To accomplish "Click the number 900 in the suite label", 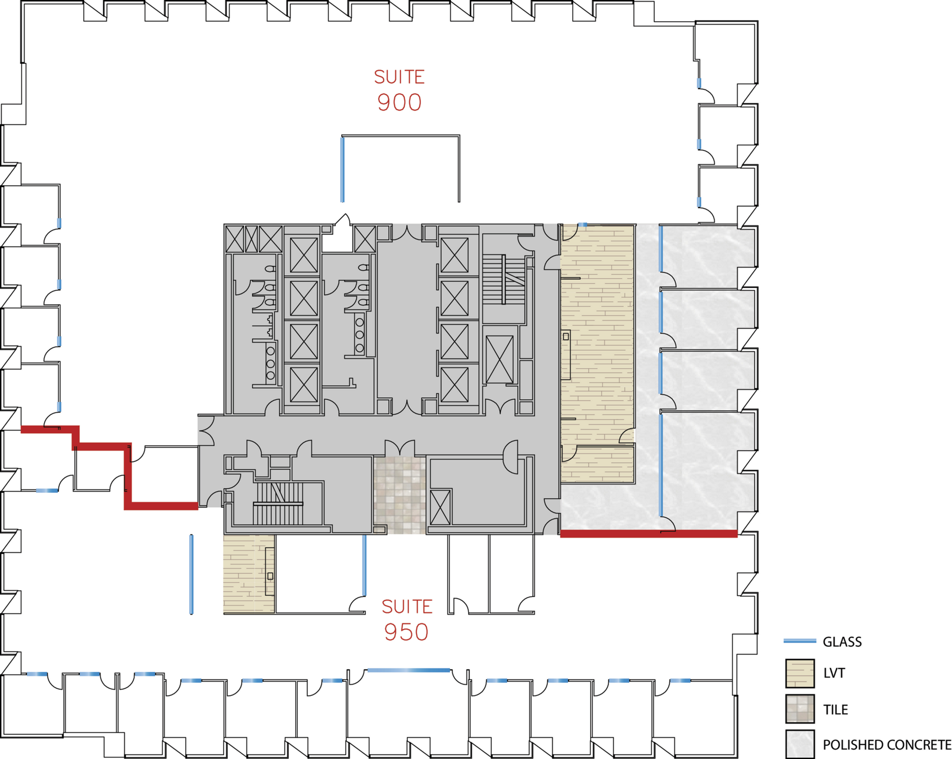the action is [x=399, y=102].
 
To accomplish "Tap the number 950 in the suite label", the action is [x=406, y=632].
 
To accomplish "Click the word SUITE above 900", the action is [x=399, y=77].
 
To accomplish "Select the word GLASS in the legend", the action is [x=842, y=642].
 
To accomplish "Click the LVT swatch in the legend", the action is [x=800, y=673].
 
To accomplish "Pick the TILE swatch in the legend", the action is [x=800, y=709].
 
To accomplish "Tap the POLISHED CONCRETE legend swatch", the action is [x=800, y=744].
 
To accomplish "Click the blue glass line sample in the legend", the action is [x=800, y=641].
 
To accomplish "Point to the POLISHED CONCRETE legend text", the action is [x=887, y=745].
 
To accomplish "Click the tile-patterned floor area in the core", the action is [x=400, y=495].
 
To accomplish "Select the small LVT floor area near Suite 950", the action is [x=249, y=574].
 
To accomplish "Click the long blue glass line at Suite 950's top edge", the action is [x=408, y=670].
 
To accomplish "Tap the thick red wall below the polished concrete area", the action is [x=648, y=534].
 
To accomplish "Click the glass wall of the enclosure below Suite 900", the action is [x=343, y=169].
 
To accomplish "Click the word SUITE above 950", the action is [x=407, y=607].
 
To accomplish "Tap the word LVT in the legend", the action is [x=834, y=673].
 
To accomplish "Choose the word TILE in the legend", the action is [x=835, y=709].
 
